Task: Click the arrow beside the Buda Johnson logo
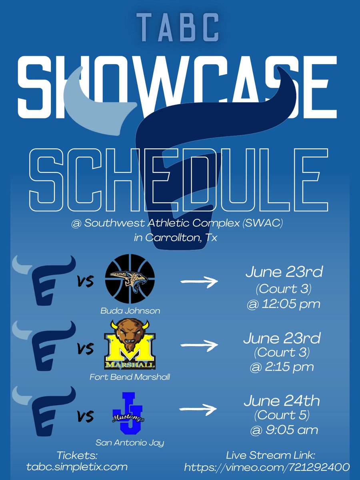[x=199, y=282]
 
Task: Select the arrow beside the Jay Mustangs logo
[x=199, y=409]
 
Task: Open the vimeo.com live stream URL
[x=267, y=467]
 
